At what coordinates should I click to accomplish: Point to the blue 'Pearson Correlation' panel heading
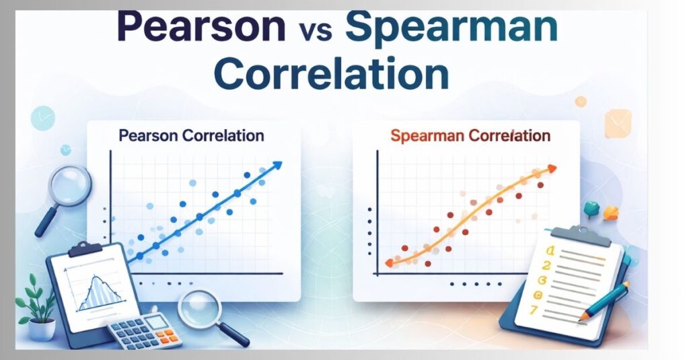(x=191, y=135)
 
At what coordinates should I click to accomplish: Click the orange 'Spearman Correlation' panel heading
(x=470, y=136)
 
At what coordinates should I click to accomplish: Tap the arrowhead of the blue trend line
(x=277, y=165)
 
